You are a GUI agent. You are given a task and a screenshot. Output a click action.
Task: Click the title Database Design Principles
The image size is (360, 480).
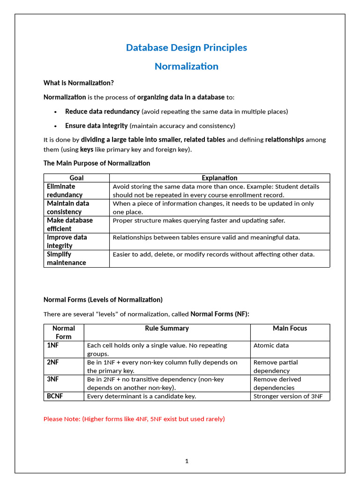coord(187,48)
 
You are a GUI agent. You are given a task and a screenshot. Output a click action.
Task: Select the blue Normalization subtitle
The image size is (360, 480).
coord(187,67)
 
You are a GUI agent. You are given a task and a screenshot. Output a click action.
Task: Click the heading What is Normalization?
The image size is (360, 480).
coord(79,83)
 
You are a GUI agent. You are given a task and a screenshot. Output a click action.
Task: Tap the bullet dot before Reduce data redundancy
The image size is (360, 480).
coord(55,112)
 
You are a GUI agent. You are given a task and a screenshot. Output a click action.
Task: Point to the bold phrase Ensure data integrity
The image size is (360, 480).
coord(96,126)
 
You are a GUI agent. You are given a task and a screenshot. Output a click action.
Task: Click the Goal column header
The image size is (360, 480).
coord(76,178)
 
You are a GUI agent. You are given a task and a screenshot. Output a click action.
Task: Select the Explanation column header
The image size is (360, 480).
coord(219,178)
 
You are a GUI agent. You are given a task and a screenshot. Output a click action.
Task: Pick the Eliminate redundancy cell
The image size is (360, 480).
coord(65,190)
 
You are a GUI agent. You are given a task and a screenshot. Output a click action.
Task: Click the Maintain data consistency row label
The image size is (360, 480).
coord(68,207)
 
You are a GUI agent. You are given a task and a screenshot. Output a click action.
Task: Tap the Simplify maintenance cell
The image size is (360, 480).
coord(67,258)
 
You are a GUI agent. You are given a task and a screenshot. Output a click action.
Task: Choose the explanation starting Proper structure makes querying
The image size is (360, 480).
coord(199,220)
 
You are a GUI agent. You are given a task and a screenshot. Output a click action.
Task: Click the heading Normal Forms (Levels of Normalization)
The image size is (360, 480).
coord(103,300)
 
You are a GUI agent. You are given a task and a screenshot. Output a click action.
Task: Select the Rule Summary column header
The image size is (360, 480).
coord(167,328)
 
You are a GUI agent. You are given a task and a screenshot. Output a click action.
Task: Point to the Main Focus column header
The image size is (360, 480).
coord(290,328)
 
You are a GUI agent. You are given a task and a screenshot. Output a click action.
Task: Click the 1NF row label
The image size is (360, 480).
coord(52,345)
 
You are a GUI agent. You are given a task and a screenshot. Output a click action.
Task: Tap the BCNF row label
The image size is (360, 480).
coord(55,396)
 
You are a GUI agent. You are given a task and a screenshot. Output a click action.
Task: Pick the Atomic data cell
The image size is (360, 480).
coord(271,345)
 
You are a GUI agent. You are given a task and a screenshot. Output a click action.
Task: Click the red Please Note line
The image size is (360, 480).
coord(134,419)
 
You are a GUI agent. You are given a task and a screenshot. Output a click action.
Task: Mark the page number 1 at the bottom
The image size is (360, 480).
coord(187,461)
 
